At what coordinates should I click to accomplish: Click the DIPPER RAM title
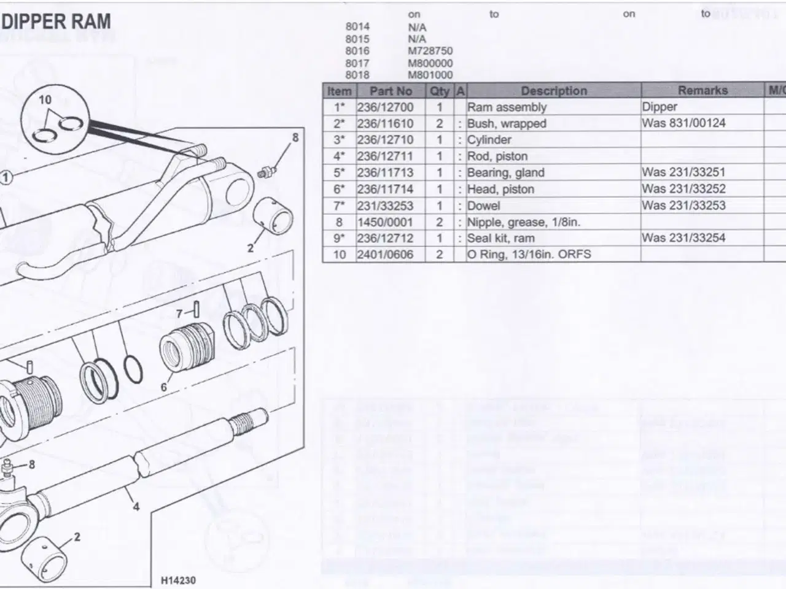[x=56, y=22]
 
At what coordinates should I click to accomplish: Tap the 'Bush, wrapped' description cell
[x=507, y=123]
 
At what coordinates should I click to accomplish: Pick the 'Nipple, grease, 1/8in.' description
[x=523, y=222]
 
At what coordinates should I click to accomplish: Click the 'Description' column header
[x=554, y=91]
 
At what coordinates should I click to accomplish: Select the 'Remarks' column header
[x=702, y=91]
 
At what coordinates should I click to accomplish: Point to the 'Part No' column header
[x=391, y=91]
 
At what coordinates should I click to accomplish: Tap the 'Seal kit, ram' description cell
[x=500, y=238]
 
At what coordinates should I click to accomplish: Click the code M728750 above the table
[x=430, y=52]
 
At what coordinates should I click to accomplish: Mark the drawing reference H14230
[x=179, y=580]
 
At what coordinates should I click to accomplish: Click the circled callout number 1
[x=6, y=178]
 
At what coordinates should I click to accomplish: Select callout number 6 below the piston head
[x=164, y=387]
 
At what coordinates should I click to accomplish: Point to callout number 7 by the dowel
[x=179, y=314]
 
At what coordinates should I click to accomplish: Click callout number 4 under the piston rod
[x=136, y=507]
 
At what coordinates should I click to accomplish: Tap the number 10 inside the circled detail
[x=45, y=100]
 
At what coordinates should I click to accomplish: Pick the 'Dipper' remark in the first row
[x=660, y=107]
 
